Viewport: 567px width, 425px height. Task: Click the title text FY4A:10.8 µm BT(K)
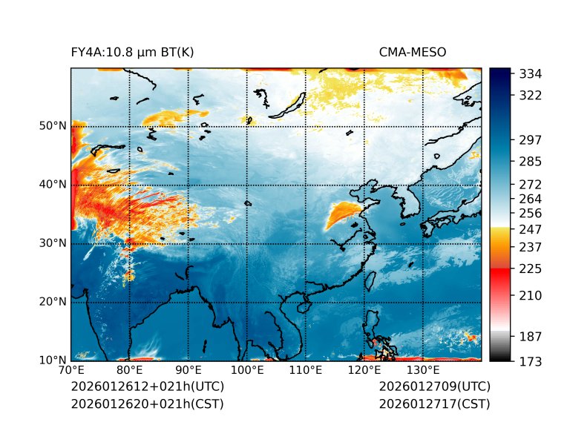point(132,53)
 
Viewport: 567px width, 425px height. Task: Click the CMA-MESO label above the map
point(412,53)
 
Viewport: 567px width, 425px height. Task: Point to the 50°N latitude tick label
point(53,125)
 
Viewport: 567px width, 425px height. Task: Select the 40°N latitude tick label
point(53,184)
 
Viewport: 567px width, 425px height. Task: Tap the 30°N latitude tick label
point(53,243)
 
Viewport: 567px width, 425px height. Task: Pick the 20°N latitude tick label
point(53,301)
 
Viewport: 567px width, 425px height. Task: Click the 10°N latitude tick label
point(53,360)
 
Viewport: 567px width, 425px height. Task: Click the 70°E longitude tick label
point(71,370)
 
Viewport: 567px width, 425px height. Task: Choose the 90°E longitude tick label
point(189,370)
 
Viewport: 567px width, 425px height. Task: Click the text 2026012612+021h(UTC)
point(147,387)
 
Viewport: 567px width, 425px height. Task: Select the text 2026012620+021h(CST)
point(147,404)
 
